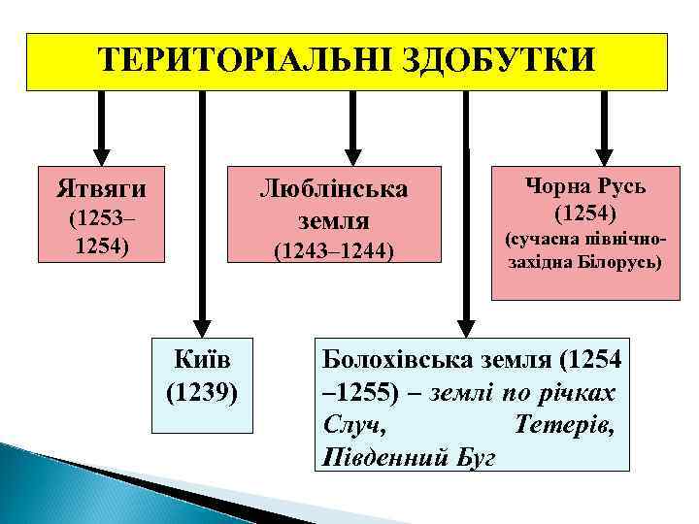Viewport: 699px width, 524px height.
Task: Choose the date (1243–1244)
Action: point(333,253)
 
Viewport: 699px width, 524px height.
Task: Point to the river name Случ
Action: point(349,425)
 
